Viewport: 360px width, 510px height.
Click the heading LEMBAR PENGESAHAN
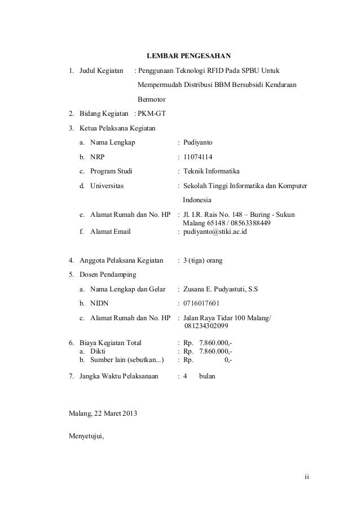(188, 56)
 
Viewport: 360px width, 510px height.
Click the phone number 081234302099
(206, 326)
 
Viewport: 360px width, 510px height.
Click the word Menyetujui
(86, 437)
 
